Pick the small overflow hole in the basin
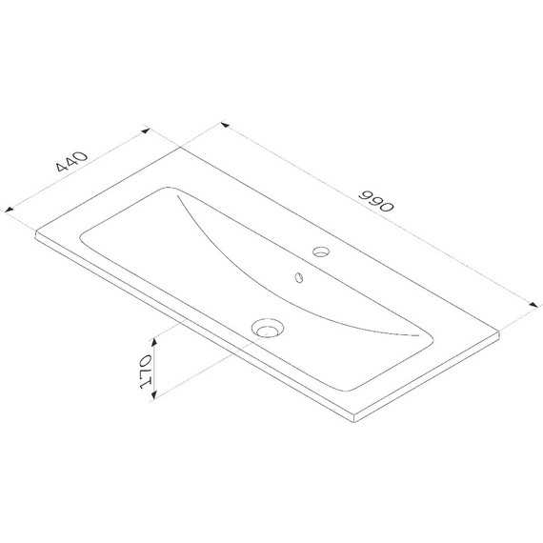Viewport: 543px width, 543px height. [x=298, y=279]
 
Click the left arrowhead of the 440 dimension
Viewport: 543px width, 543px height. [x=10, y=209]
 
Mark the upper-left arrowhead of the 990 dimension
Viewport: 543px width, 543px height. [x=224, y=124]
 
